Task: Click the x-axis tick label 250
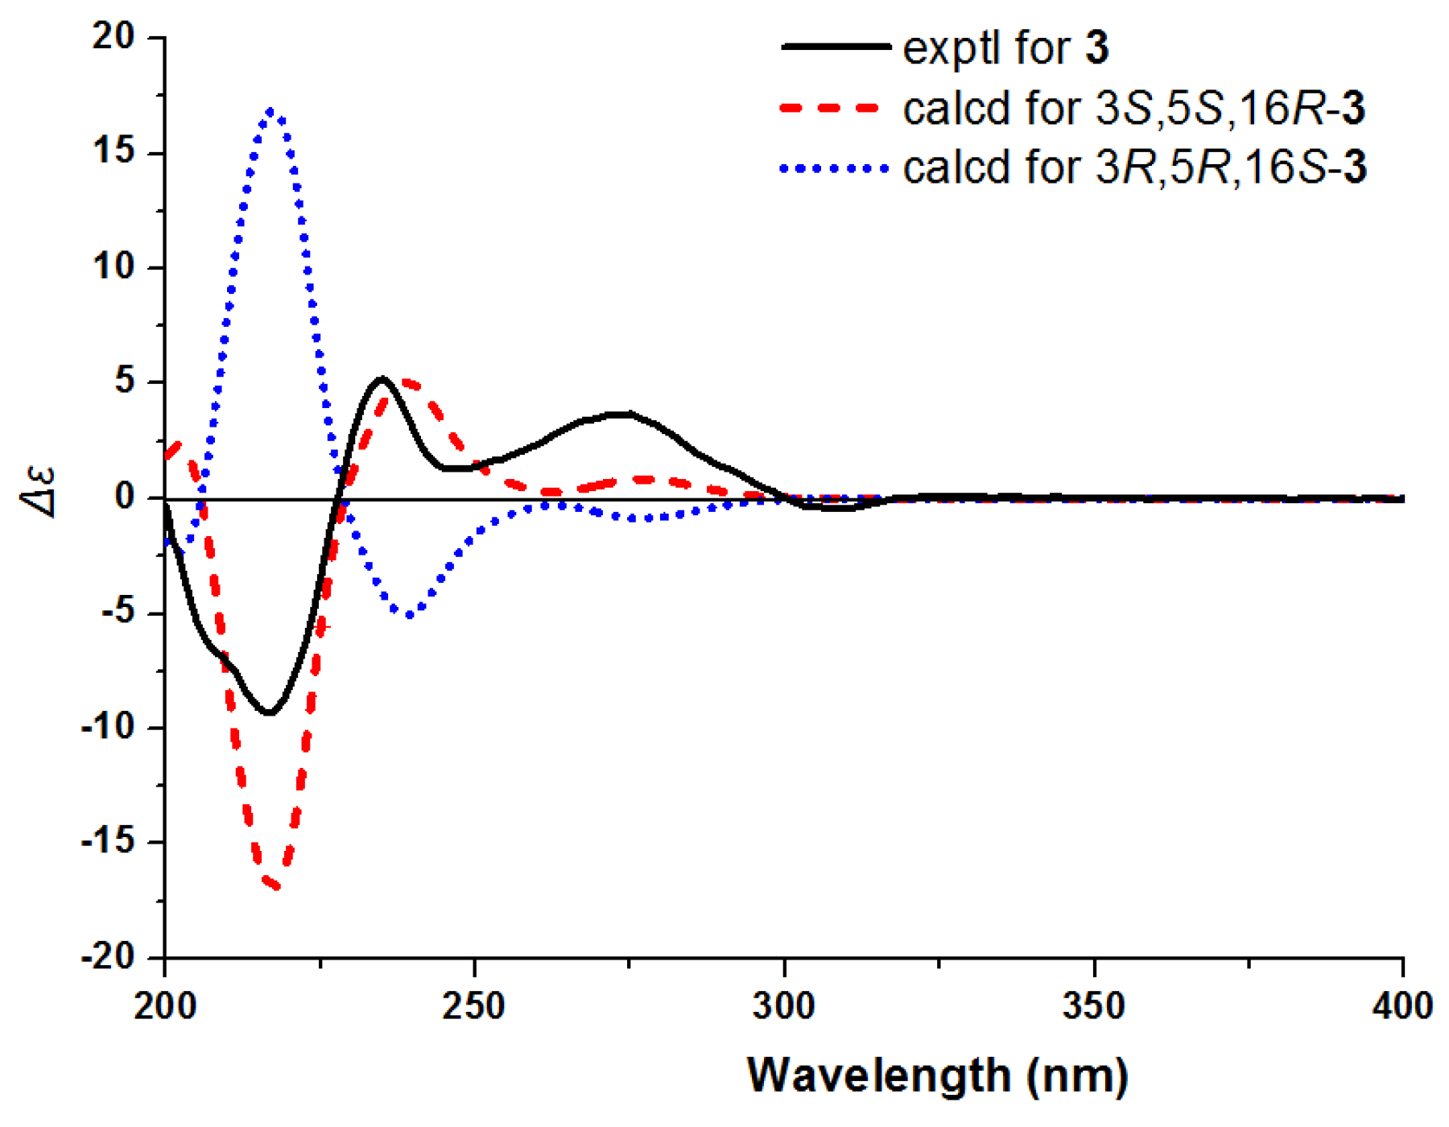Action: coord(474,1007)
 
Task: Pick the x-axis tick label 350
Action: coord(1094,1007)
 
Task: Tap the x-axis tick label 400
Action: coord(1402,1007)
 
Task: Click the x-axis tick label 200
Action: coord(165,1007)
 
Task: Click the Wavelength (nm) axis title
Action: coord(938,1075)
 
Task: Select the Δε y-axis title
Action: coord(39,491)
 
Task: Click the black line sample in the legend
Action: coord(835,47)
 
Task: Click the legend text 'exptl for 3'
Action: coord(1005,47)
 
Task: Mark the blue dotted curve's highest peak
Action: coord(271,111)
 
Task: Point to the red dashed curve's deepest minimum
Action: coord(274,885)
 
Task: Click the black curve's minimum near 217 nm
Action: coord(270,713)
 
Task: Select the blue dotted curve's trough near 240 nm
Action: coord(410,615)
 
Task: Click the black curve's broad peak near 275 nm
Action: coord(624,414)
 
